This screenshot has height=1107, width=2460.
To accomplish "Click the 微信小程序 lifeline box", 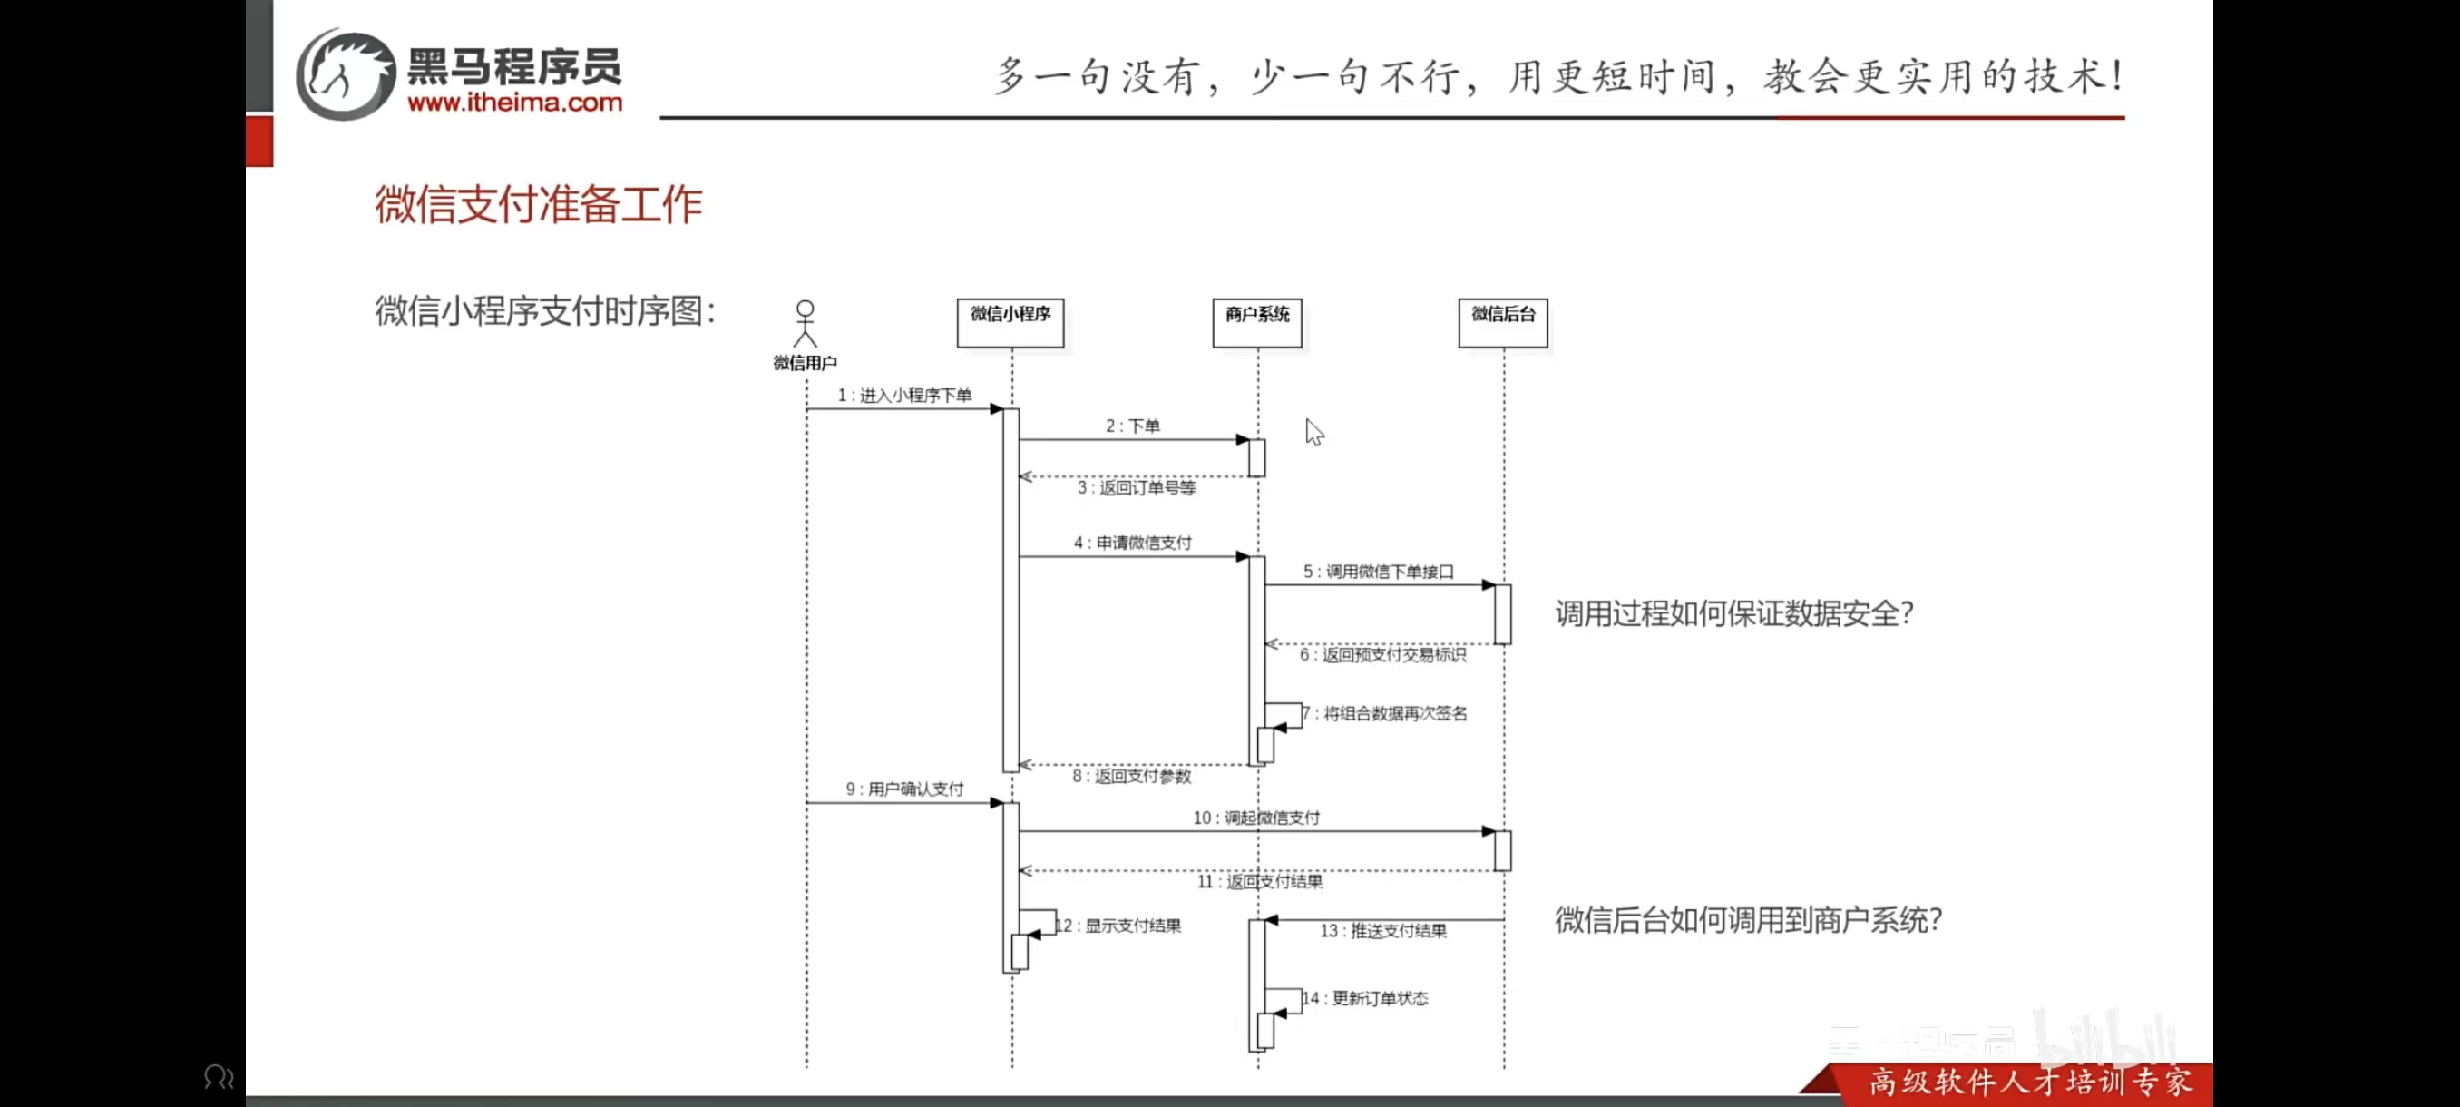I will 1010,322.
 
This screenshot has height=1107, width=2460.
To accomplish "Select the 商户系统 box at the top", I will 1256,322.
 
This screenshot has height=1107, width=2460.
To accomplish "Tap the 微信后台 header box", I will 1502,322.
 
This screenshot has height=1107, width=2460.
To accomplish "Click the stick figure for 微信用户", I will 805,324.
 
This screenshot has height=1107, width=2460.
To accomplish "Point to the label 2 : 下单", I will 1133,426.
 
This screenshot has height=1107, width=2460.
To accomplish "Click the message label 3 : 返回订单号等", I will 1136,488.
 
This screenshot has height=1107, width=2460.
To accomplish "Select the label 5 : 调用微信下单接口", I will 1378,571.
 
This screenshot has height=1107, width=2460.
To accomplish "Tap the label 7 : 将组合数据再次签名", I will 1387,713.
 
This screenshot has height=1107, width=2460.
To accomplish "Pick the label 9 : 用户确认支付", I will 904,789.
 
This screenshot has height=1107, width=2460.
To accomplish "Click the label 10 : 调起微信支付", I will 1255,818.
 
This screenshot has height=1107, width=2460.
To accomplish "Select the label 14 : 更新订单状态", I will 1368,998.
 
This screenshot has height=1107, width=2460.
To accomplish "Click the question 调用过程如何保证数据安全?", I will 1734,613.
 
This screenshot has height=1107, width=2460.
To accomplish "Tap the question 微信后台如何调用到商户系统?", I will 1748,920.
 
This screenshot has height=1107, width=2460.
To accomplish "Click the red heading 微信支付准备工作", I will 539,204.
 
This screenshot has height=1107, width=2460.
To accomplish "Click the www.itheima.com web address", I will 514,103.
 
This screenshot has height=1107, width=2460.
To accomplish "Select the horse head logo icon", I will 345,74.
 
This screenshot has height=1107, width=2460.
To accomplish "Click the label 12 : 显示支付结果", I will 1119,926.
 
